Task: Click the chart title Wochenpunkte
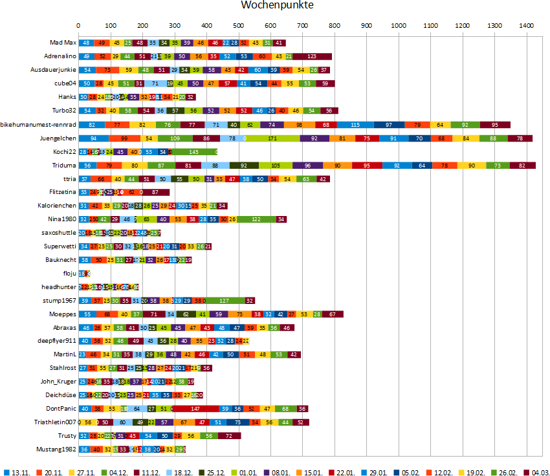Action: click(x=277, y=6)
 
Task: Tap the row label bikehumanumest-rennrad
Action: click(x=39, y=124)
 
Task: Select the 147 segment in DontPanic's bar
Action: click(x=195, y=408)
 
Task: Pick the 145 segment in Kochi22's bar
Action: click(x=194, y=151)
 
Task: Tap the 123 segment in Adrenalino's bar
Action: click(x=313, y=56)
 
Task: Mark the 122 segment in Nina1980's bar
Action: click(x=256, y=219)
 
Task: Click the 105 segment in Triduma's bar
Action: click(x=276, y=165)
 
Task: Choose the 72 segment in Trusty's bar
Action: click(x=229, y=435)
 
